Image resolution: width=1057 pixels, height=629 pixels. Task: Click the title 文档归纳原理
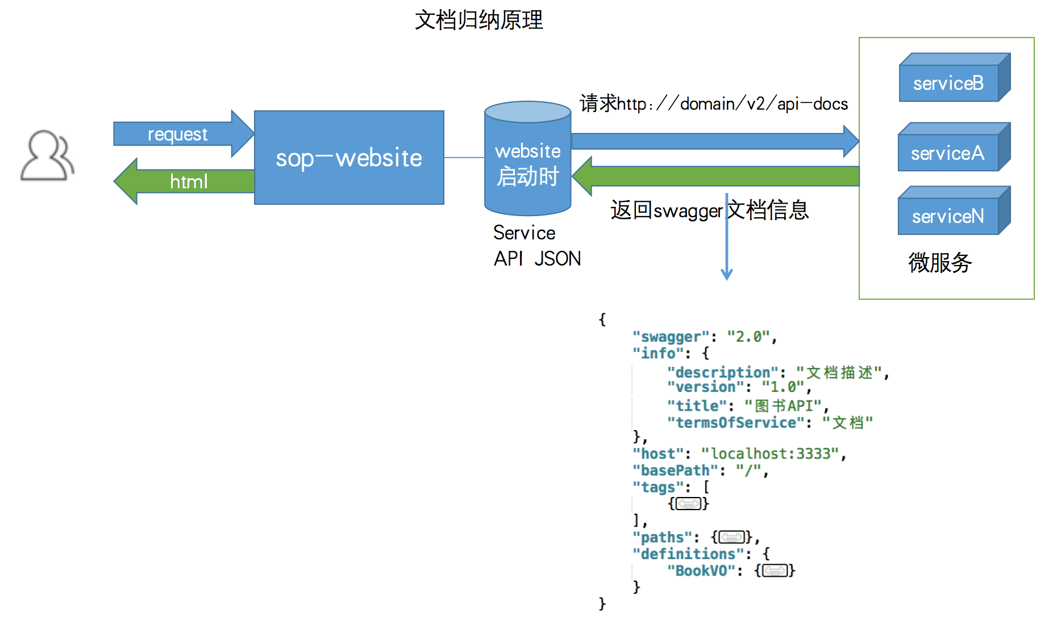tap(478, 20)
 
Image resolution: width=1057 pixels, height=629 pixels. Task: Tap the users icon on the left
tap(47, 156)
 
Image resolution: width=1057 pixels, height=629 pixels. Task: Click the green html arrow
tap(188, 181)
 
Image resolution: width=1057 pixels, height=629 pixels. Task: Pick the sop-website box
tap(349, 158)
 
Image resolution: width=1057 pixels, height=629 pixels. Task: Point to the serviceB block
tap(948, 84)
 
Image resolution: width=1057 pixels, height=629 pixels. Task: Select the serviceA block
tap(947, 153)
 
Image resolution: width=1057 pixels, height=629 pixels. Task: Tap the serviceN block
tap(947, 216)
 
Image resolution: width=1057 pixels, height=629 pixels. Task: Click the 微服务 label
tap(940, 263)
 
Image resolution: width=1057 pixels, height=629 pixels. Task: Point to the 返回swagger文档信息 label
tap(709, 210)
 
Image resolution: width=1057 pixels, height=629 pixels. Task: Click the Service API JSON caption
tap(536, 246)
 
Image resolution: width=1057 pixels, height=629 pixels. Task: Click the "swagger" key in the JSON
tap(671, 337)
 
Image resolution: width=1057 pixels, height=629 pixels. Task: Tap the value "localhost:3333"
tap(769, 454)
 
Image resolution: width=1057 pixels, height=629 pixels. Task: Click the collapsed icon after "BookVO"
tap(775, 570)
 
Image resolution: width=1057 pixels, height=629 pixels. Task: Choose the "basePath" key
tap(675, 470)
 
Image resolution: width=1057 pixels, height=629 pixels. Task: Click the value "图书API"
tap(783, 406)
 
